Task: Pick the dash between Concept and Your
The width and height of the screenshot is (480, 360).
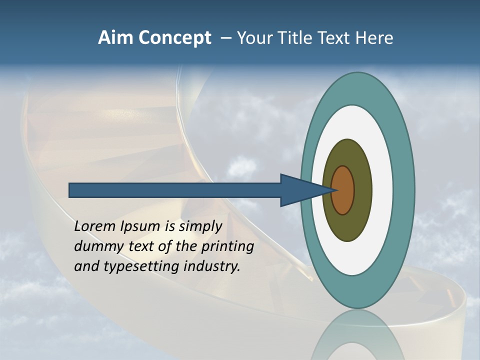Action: point(225,38)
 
